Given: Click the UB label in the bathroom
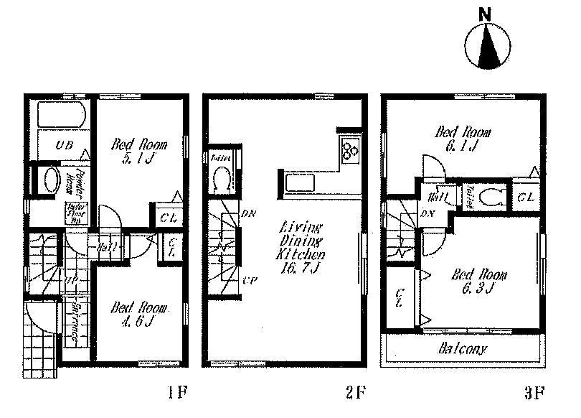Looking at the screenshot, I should coord(65,146).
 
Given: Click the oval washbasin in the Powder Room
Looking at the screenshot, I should coord(51,178).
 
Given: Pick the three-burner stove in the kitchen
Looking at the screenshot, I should coord(351,150).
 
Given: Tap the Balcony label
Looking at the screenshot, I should coord(463,349).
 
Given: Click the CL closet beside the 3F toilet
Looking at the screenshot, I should coord(524,196).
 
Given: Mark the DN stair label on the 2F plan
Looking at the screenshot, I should coord(250,214).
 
